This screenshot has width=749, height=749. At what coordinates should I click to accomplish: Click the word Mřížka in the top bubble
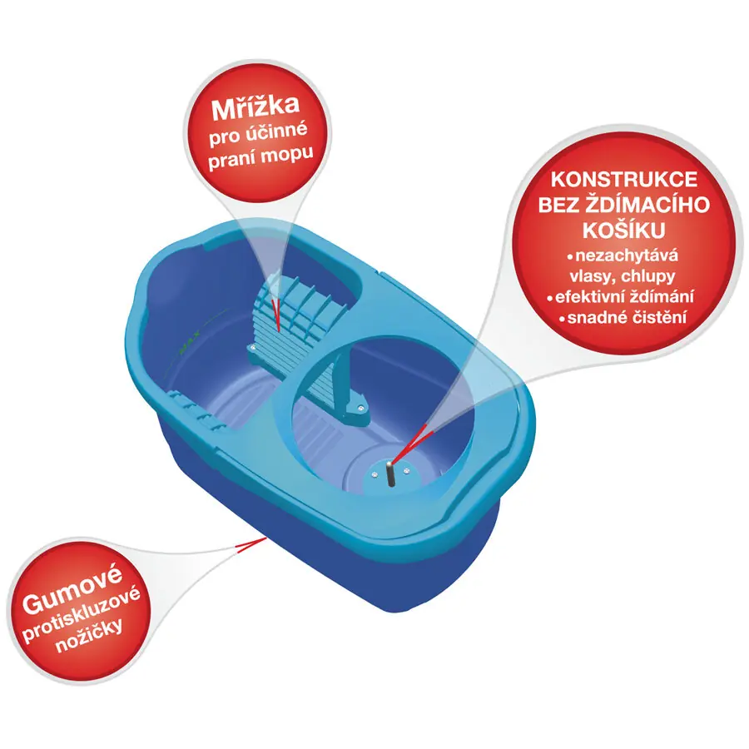coord(255,107)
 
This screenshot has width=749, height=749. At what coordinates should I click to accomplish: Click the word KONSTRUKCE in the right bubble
coord(624,180)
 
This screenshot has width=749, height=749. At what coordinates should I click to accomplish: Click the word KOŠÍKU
coord(624,231)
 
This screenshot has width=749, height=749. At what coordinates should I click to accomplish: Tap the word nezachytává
coord(627,255)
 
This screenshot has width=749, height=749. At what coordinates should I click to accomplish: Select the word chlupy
coord(648,276)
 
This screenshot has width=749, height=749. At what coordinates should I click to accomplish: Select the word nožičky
coord(89,637)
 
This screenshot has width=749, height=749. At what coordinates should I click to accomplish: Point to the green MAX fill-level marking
coord(189,345)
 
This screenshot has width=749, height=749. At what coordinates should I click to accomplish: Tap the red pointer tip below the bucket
coord(266,538)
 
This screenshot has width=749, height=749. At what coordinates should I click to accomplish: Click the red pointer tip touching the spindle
coord(392,463)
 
